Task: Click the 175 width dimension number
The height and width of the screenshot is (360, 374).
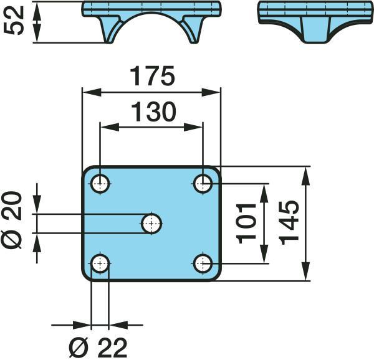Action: pos(152,76)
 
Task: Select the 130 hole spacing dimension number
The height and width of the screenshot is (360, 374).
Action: pos(153,111)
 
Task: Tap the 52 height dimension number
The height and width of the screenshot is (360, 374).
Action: pos(14,21)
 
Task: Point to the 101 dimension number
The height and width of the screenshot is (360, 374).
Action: pos(246,224)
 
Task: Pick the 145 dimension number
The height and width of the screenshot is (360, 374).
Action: pos(289,223)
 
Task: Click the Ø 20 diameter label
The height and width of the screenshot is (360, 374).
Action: pos(11,220)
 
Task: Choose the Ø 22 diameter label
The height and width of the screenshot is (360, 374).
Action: pos(98,348)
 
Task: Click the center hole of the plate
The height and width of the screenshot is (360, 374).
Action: pos(151,224)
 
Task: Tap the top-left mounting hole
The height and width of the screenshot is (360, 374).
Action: pos(100,184)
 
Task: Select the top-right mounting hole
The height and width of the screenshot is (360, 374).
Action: pos(203,184)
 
